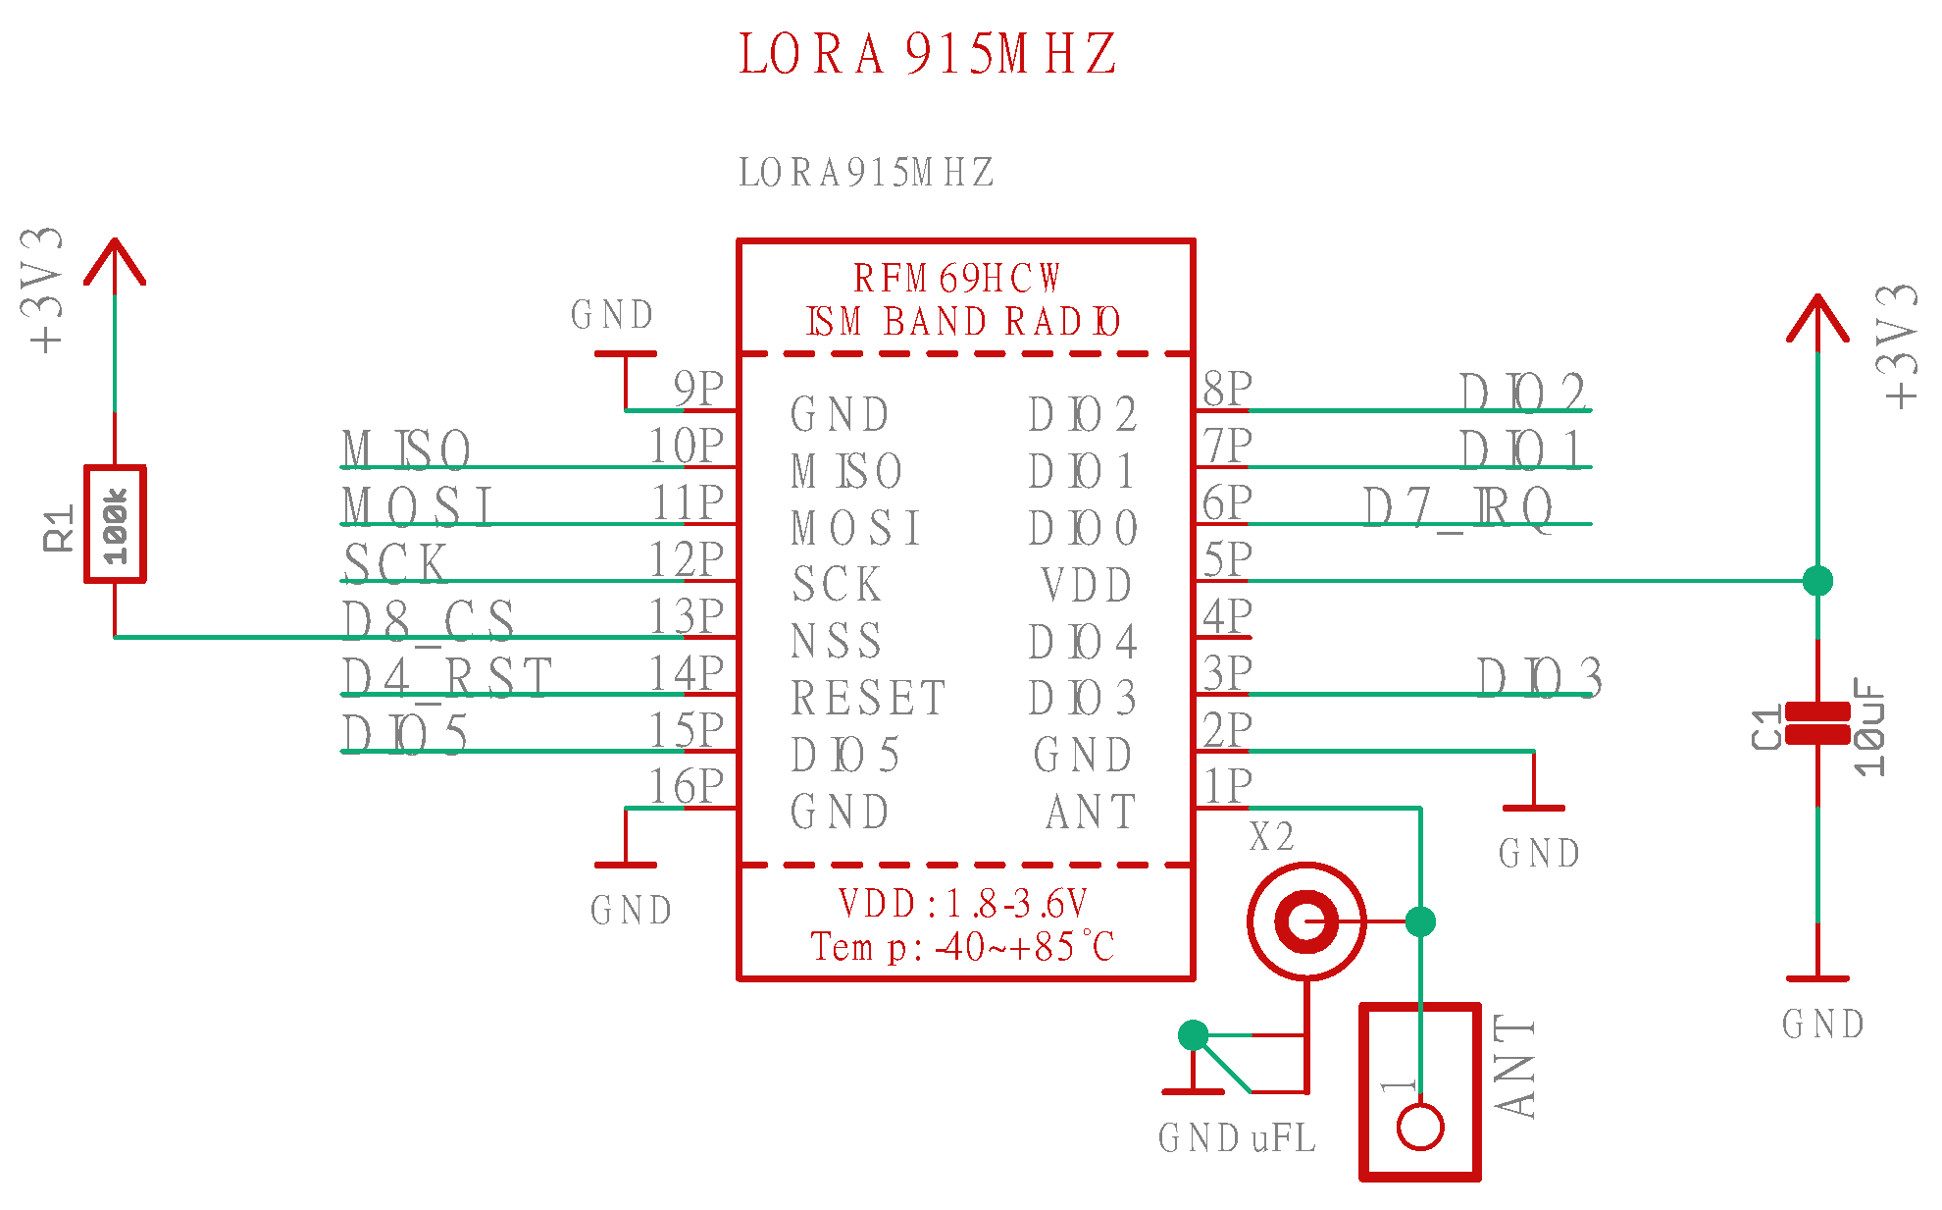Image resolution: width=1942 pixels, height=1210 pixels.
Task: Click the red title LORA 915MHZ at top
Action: pos(927,54)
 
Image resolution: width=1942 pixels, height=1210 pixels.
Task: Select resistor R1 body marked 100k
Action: pos(115,524)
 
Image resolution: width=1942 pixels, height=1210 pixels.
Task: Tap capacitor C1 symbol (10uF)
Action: pos(1816,724)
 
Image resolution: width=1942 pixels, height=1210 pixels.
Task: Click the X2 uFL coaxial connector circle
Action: pos(1306,921)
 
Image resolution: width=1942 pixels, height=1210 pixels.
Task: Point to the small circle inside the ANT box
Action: pos(1419,1127)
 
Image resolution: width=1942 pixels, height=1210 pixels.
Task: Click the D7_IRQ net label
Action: pos(1458,508)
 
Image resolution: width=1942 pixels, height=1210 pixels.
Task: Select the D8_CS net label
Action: pos(429,621)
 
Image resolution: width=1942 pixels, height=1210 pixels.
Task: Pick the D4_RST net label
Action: pos(447,678)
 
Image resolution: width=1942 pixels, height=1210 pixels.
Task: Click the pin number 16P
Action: pos(687,787)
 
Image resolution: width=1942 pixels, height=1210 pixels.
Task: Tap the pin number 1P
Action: pos(1228,787)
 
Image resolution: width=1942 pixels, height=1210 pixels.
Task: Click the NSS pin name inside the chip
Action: pos(837,642)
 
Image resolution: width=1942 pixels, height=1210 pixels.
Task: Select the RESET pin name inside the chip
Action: pos(868,699)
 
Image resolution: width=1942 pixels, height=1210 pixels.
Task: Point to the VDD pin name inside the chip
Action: pos(1087,586)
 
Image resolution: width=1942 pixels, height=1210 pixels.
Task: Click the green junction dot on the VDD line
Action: pos(1817,581)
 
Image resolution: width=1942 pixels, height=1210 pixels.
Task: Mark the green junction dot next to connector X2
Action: pos(1420,921)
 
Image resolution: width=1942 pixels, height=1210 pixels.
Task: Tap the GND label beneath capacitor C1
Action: pos(1822,1025)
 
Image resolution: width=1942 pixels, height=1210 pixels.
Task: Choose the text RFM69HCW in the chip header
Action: pos(956,279)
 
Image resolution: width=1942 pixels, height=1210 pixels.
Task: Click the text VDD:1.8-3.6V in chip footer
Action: pos(962,904)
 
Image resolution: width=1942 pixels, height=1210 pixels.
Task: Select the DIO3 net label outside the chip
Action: pos(1539,678)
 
